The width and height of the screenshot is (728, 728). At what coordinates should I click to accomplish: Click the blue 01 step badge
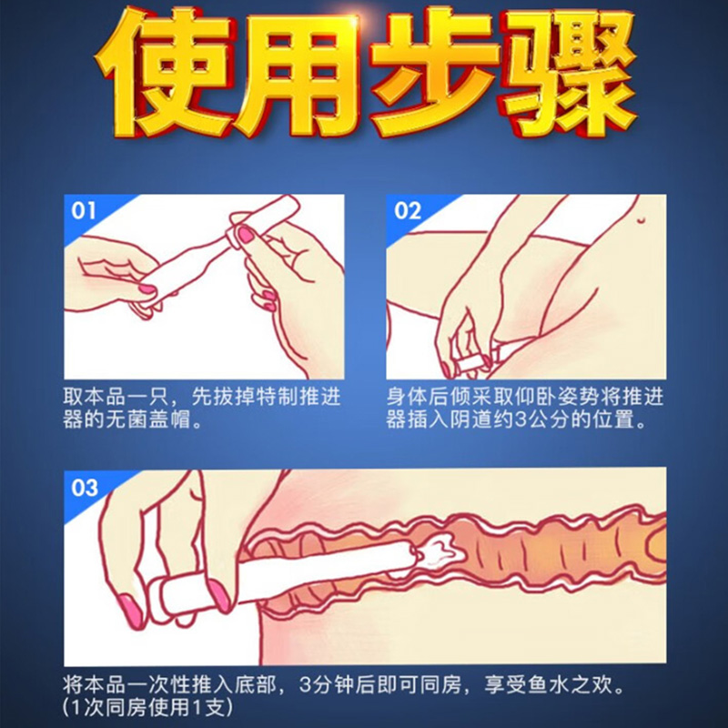tap(83, 211)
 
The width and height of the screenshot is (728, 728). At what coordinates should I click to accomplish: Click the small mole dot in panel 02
tap(638, 218)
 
